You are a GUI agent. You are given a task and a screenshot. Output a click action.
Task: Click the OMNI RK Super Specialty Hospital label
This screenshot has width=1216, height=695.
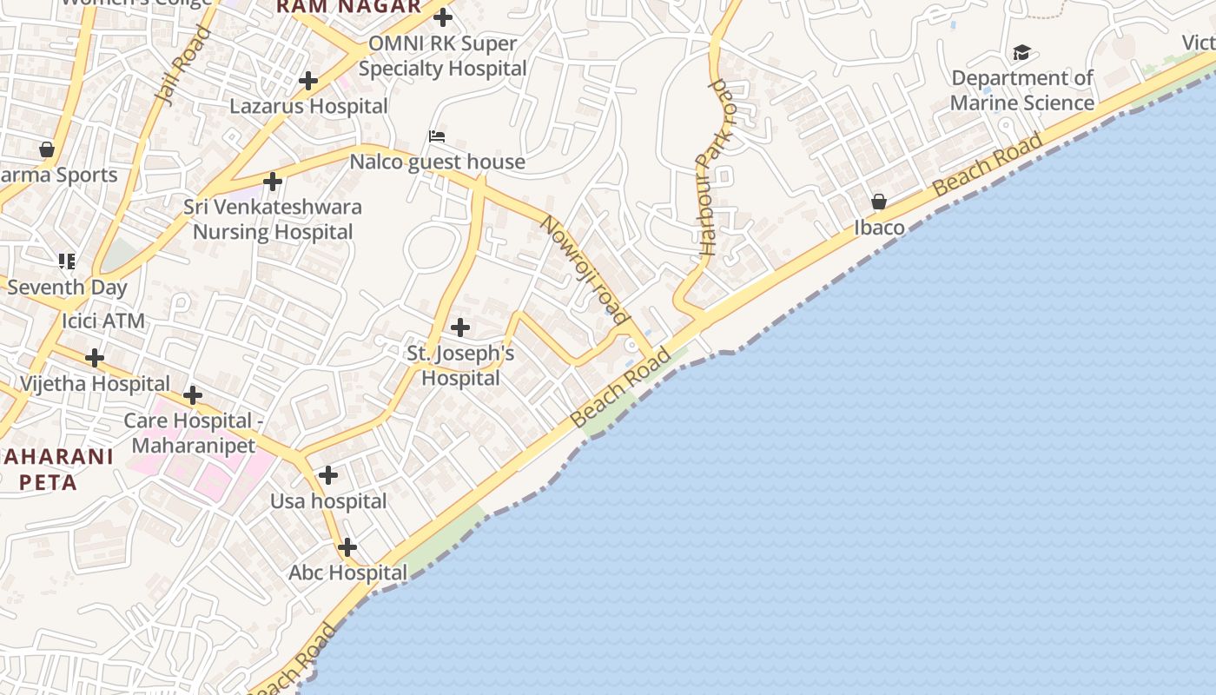click(x=443, y=56)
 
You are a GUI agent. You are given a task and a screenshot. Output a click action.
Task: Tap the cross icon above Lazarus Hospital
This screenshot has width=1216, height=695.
click(x=307, y=81)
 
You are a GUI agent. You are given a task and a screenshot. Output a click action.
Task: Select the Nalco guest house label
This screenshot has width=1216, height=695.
click(x=438, y=162)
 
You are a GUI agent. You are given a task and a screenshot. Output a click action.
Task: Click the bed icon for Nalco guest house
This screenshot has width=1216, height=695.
click(x=437, y=136)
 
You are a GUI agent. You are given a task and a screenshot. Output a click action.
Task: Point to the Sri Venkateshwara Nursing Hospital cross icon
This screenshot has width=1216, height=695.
click(x=273, y=182)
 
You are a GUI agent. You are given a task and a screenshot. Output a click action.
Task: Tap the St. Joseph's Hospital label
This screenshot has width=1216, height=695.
click(x=460, y=366)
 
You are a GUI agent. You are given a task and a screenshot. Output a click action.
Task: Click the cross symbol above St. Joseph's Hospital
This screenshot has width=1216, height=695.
click(x=460, y=328)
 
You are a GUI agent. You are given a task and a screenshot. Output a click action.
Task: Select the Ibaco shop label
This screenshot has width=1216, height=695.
click(x=879, y=228)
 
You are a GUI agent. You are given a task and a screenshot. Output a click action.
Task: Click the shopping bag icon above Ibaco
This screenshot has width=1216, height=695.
click(x=879, y=202)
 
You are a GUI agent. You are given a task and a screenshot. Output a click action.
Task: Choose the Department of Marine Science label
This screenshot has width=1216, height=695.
click(x=1022, y=90)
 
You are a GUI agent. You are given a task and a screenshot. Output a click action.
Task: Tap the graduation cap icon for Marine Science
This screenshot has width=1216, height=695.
click(x=1021, y=54)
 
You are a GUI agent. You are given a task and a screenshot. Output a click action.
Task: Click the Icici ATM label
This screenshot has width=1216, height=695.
click(x=103, y=321)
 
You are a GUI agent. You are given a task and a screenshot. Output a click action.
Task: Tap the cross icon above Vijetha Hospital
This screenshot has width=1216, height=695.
click(x=95, y=358)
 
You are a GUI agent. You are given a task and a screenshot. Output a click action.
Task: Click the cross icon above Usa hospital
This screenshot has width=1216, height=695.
click(x=327, y=475)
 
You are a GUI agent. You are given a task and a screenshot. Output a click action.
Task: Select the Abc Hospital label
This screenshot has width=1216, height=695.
click(x=347, y=573)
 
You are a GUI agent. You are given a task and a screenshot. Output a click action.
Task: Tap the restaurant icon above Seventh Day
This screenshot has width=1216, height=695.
click(x=67, y=261)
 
